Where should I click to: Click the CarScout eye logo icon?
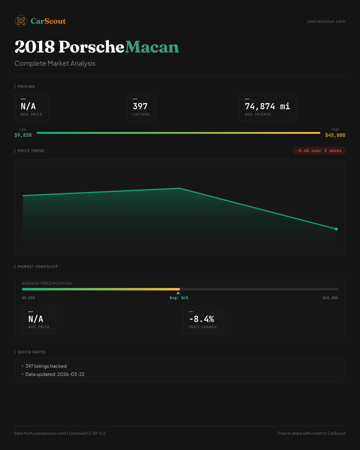(x=21, y=21)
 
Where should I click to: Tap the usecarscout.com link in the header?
(x=326, y=21)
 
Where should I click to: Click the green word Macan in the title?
(x=152, y=47)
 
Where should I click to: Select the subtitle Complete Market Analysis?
(x=55, y=63)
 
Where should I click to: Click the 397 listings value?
(x=140, y=106)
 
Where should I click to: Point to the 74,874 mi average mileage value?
(x=267, y=106)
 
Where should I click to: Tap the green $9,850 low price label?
(x=23, y=135)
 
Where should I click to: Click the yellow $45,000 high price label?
(x=335, y=135)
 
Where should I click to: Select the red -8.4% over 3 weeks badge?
(x=319, y=151)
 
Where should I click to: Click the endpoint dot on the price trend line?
(x=336, y=229)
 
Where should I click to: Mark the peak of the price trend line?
(x=180, y=188)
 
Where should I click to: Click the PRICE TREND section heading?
(x=31, y=151)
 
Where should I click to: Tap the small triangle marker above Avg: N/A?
(x=178, y=293)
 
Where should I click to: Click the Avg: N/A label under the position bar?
(x=179, y=298)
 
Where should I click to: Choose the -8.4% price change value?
(x=202, y=319)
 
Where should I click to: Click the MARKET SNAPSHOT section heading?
(x=37, y=267)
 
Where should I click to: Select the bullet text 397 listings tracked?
(x=46, y=366)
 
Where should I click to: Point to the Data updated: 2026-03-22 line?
(x=55, y=374)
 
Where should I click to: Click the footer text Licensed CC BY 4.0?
(x=87, y=433)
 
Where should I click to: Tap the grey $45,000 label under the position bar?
(x=330, y=298)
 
